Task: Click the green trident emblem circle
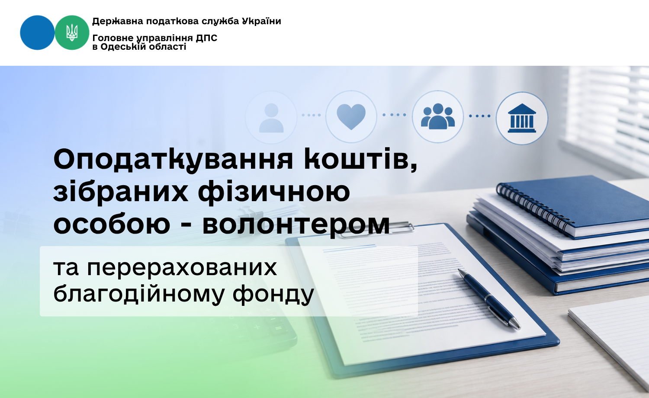(x=72, y=33)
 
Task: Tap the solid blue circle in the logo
(x=37, y=33)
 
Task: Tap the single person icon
(x=271, y=118)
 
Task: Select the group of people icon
(x=438, y=116)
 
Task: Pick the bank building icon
(x=522, y=118)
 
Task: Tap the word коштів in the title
(x=361, y=159)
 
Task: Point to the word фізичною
(x=274, y=192)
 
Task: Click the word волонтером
(x=296, y=224)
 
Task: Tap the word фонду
(x=273, y=294)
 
